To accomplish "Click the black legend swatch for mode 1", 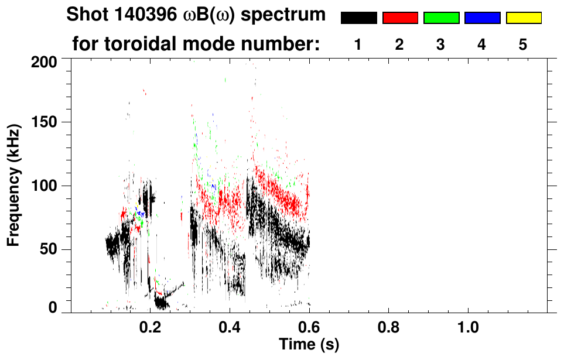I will (358, 18).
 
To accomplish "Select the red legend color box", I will (400, 18).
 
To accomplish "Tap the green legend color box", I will (441, 18).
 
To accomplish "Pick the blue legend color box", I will (482, 18).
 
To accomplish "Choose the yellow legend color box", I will (523, 18).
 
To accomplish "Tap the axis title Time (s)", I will (309, 344).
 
